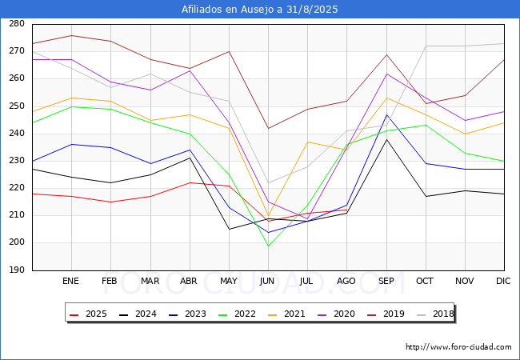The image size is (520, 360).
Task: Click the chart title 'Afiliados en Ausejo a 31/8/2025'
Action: (x=260, y=10)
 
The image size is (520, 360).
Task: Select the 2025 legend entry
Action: (x=88, y=314)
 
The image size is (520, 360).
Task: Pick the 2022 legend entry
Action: (x=237, y=314)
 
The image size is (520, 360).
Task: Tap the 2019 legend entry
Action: (x=386, y=314)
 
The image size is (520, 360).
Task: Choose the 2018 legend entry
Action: (x=435, y=314)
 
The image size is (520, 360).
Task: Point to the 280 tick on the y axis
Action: (x=17, y=24)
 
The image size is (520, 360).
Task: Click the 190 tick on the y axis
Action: (x=17, y=270)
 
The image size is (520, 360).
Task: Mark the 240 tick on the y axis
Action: (x=17, y=134)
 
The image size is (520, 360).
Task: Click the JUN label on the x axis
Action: (x=267, y=281)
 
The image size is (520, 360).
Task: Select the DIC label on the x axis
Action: (x=503, y=281)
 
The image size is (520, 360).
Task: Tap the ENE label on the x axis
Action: (x=70, y=281)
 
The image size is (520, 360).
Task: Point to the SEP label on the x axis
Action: (x=386, y=281)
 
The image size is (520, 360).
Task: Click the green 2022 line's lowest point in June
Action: (x=268, y=246)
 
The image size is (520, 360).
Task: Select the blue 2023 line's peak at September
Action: (x=386, y=114)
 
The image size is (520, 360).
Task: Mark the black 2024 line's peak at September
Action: (x=386, y=139)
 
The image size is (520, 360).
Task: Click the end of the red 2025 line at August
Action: (x=347, y=210)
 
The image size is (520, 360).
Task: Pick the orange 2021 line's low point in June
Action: (x=268, y=216)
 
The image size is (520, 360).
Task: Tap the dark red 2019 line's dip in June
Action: (x=268, y=128)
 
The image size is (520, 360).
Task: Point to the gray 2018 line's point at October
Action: (x=426, y=46)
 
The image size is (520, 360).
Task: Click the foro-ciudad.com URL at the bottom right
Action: (x=458, y=347)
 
